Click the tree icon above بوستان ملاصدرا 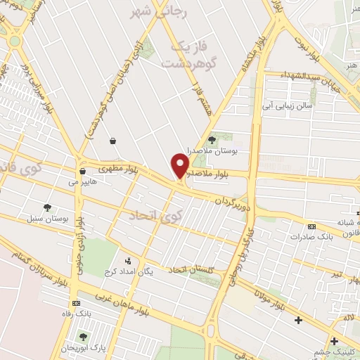point(212,141)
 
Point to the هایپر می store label point(82,181)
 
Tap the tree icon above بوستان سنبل point(47,207)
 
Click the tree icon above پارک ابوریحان point(84,337)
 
